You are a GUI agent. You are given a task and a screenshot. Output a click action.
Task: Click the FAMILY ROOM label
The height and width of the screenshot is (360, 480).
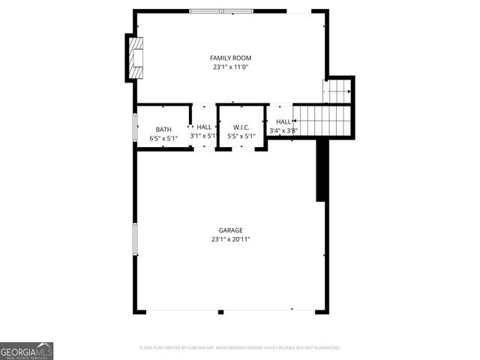coord(230,58)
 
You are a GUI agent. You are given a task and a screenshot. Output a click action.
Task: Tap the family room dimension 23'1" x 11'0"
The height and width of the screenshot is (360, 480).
coord(230,67)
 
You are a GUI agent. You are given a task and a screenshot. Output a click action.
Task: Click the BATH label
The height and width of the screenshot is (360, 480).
coord(163,129)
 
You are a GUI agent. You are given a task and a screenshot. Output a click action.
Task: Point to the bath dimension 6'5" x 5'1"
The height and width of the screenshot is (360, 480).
coord(163,137)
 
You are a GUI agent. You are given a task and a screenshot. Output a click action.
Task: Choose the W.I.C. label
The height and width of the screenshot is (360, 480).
coord(241,127)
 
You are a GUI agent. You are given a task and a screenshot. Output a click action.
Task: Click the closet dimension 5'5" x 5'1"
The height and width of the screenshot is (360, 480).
coord(241,136)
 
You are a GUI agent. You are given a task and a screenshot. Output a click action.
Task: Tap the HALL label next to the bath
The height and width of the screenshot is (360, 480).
coord(204,127)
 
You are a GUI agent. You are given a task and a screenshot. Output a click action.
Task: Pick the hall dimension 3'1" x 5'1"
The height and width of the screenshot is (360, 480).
coord(203,136)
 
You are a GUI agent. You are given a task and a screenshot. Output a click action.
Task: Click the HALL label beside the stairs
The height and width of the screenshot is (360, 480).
coord(283,121)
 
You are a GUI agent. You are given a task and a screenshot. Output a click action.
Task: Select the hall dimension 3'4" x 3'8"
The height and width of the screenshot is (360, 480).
coord(283,130)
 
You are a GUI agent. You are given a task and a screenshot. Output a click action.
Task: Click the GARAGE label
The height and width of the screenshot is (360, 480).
coord(230,230)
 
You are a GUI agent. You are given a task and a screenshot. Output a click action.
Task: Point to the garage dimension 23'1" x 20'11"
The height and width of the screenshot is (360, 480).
coord(230,239)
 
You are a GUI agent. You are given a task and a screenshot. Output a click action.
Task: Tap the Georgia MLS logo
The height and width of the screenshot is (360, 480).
coord(26,350)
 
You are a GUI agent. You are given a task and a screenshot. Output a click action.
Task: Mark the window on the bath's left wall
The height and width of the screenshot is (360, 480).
coord(135,126)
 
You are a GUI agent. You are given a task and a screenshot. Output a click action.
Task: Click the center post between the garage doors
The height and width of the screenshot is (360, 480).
coord(220,311)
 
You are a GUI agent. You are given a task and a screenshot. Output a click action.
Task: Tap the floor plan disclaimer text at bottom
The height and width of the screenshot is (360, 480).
coord(240,348)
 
